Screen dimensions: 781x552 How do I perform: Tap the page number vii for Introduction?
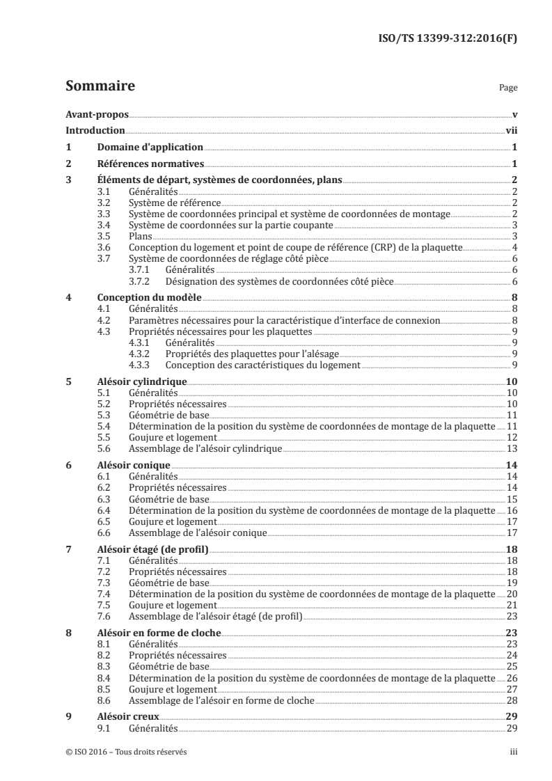[510, 130]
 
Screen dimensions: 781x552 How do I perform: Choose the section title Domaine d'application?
[150, 147]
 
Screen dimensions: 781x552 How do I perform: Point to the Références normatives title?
[150, 164]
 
